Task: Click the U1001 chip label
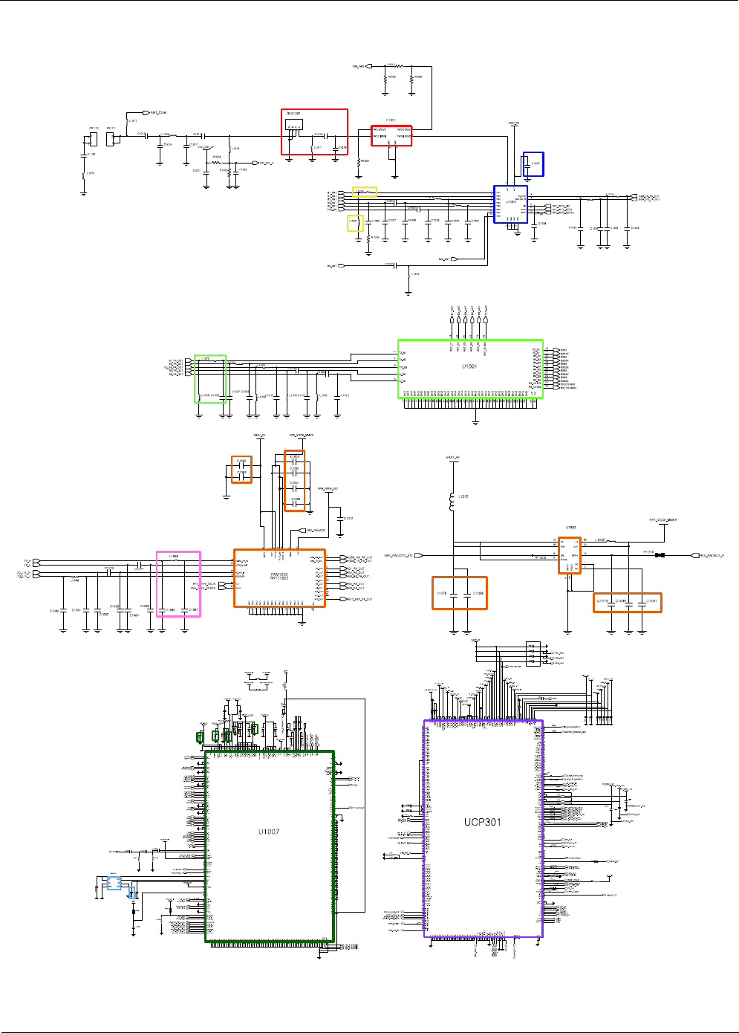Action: [x=469, y=366]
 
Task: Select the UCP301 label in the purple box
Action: [x=483, y=822]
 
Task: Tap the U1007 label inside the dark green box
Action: [x=269, y=832]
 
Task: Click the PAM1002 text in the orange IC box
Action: [x=279, y=574]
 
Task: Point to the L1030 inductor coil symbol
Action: [x=452, y=502]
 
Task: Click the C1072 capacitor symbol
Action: [x=339, y=518]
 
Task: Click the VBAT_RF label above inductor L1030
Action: [x=452, y=458]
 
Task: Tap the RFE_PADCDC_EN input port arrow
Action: [x=419, y=555]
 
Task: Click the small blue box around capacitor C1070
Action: [x=533, y=163]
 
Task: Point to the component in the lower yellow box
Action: [x=356, y=223]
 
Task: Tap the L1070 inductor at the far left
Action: [x=84, y=175]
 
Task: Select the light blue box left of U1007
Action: [x=114, y=883]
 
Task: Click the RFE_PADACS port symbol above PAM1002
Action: [x=302, y=531]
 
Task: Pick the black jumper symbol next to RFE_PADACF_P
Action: [x=660, y=555]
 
